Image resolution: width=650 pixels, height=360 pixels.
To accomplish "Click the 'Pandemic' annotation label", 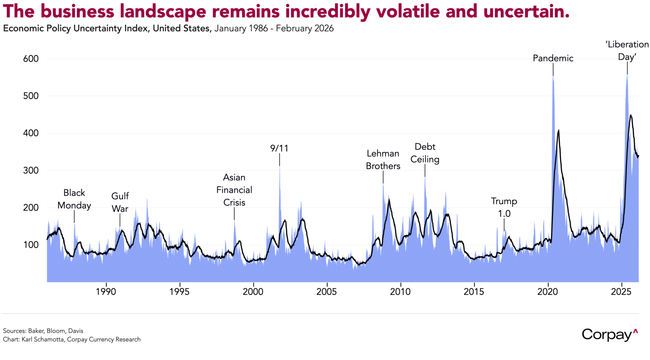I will [x=553, y=58].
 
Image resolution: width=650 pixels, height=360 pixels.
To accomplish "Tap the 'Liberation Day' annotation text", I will [x=627, y=51].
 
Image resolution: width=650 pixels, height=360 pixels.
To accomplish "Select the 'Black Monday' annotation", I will [x=74, y=199].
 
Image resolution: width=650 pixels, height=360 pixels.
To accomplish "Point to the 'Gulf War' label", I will [x=120, y=202].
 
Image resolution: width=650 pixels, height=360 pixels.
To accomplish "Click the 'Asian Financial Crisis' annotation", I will [x=234, y=190].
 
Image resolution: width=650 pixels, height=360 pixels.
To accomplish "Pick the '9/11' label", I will [x=279, y=148].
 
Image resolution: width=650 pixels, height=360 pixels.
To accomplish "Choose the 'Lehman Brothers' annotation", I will [x=383, y=160].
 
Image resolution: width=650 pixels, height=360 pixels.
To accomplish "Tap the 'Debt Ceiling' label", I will [x=425, y=153].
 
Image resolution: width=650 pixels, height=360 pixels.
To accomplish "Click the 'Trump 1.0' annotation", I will [x=504, y=207].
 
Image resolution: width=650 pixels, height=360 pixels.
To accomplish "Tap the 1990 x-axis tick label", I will [x=106, y=292].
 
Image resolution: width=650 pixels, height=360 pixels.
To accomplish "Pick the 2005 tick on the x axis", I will [x=327, y=292].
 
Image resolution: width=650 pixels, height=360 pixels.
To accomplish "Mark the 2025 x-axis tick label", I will [x=621, y=292].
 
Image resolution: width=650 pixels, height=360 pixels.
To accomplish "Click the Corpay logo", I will [x=610, y=335].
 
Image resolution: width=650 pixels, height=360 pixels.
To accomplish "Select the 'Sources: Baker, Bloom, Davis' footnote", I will [x=43, y=331].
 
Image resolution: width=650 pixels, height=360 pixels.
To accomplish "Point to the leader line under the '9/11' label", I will [x=279, y=159].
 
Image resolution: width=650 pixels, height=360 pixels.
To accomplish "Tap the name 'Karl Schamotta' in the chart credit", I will [x=43, y=339].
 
